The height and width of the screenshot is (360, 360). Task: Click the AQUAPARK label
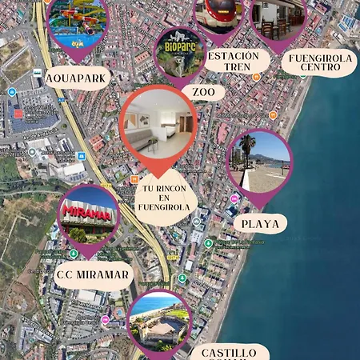[77, 79]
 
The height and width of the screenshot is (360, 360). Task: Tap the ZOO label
[203, 92]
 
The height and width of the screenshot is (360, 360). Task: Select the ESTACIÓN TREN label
[233, 62]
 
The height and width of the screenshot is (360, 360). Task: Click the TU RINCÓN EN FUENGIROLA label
[166, 197]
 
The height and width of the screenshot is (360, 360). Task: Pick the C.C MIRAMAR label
[93, 275]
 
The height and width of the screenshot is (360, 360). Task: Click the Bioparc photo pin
[179, 54]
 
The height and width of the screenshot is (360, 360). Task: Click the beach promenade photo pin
[259, 160]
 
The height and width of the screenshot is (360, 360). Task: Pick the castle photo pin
[159, 321]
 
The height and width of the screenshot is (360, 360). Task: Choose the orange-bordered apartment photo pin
[158, 123]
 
